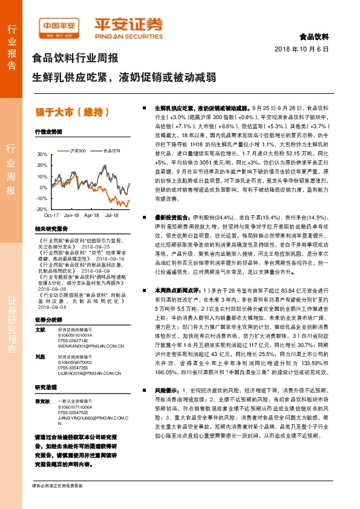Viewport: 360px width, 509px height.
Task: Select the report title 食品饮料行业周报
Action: tap(74, 59)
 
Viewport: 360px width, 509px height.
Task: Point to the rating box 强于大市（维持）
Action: tap(73, 111)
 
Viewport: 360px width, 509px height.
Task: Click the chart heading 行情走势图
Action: tap(48, 131)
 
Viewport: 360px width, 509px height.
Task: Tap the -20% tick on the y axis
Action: tap(42, 209)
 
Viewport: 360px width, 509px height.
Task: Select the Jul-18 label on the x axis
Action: tap(111, 215)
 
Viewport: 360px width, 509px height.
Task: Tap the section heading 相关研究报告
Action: tap(51, 229)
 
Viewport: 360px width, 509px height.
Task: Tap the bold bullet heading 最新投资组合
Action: tap(173, 216)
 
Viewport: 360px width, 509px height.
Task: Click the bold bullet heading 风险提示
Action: tap(168, 391)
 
